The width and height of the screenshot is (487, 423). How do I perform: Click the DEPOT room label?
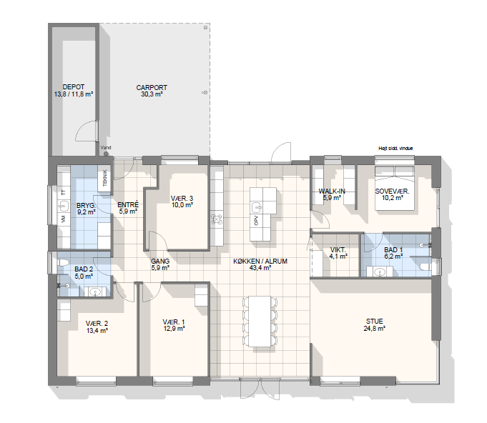(74, 87)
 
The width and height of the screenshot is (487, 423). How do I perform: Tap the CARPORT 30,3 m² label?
(152, 91)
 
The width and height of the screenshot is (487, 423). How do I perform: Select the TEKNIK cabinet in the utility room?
(104, 178)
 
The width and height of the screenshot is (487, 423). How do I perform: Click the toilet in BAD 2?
(63, 262)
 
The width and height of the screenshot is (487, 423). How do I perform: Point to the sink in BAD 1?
(380, 272)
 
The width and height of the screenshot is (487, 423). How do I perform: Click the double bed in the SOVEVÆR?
(395, 188)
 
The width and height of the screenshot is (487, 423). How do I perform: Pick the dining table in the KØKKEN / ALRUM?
(260, 322)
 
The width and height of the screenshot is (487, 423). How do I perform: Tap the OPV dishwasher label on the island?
(256, 220)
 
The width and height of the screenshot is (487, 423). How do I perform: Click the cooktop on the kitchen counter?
(217, 219)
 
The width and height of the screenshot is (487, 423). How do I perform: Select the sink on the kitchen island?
(257, 206)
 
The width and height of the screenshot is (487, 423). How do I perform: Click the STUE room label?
(375, 322)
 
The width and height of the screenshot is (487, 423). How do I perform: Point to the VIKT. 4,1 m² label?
(338, 253)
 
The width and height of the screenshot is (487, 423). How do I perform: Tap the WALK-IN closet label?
(332, 191)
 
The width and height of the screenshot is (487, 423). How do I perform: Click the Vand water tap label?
(106, 148)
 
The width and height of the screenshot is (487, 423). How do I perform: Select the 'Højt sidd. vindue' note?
(395, 149)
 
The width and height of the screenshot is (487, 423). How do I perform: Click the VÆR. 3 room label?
(182, 199)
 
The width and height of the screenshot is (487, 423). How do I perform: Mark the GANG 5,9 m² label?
(160, 264)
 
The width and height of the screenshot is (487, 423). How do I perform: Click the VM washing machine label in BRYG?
(64, 219)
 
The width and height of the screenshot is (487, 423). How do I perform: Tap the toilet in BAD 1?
(425, 267)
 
